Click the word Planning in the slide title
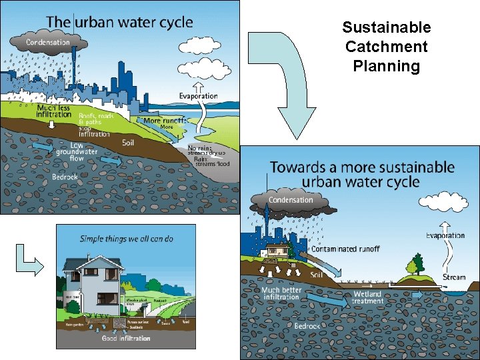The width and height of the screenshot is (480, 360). click(386, 67)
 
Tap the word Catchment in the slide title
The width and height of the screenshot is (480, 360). click(386, 47)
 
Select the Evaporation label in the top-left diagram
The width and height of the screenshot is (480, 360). click(198, 96)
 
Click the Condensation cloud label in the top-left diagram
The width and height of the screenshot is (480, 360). click(47, 43)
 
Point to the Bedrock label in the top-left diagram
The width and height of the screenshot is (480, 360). click(65, 177)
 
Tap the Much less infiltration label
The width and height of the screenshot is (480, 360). click(54, 111)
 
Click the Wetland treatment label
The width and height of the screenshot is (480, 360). click(367, 297)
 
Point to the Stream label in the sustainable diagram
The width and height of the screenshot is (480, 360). click(454, 277)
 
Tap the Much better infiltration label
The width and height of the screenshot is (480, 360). click(281, 293)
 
